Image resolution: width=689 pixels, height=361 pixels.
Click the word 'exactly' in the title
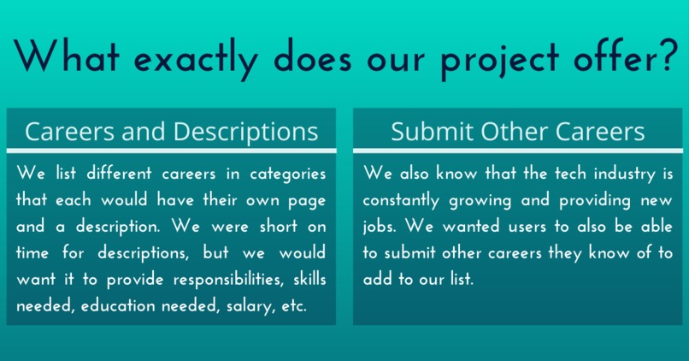198,57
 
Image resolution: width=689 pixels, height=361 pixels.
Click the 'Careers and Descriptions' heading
172,132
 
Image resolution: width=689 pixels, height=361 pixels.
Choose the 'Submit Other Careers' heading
518,132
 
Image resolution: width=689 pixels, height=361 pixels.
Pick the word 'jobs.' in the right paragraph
382,228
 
